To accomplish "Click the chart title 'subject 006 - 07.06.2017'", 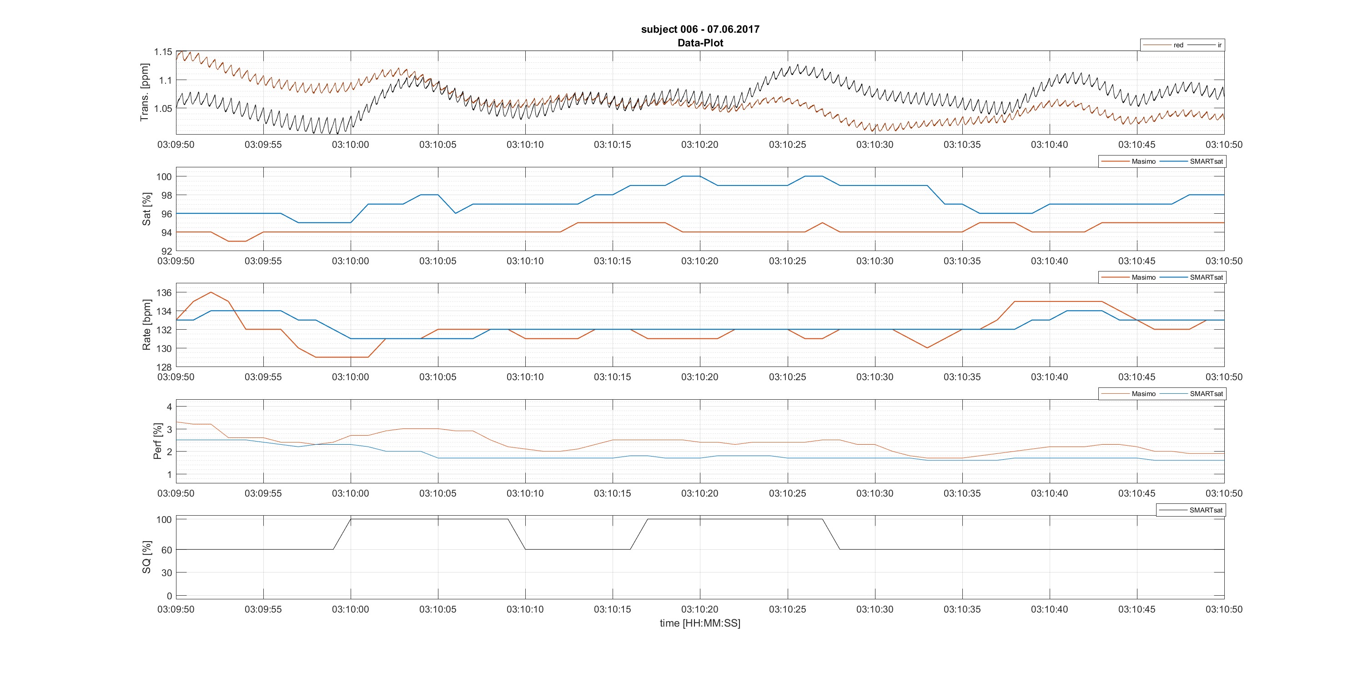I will coord(699,30).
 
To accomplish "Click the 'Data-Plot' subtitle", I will coord(699,43).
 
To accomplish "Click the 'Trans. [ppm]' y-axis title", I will coord(145,92).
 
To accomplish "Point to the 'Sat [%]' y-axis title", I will coord(146,209).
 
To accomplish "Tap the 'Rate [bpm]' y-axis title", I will coord(146,325).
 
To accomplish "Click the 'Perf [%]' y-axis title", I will coord(157,442).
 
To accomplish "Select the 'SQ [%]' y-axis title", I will coord(146,557).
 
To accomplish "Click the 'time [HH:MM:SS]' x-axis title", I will coord(699,623).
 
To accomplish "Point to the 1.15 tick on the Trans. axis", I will coord(163,52).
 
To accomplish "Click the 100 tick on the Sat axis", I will coord(164,177).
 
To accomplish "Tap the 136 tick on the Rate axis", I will coord(164,293).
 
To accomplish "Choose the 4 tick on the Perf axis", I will coord(169,407).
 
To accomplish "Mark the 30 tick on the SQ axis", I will coord(166,573).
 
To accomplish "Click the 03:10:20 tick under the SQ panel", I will coord(699,609).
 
